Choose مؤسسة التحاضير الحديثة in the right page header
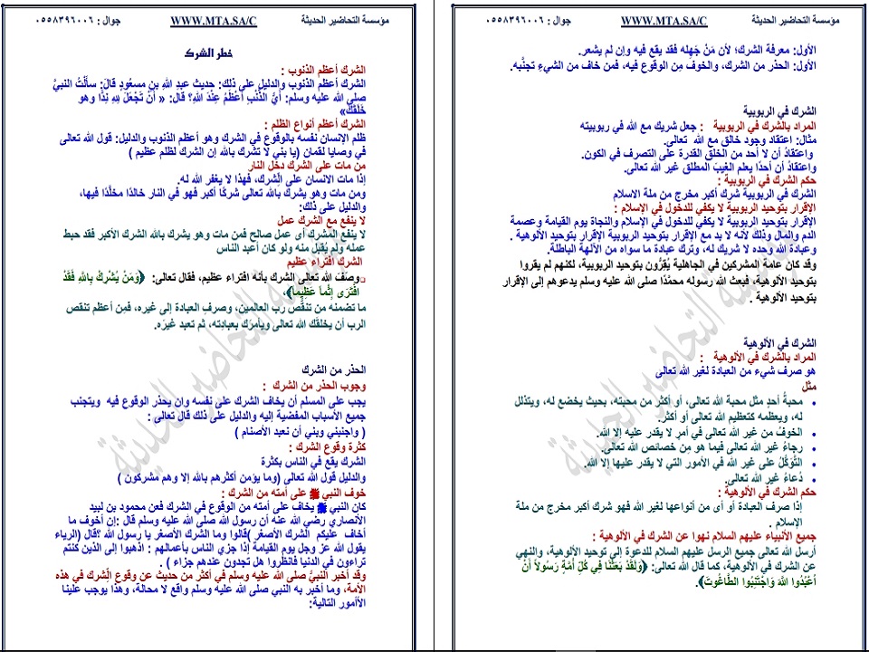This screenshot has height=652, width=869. pyautogui.click(x=797, y=21)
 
